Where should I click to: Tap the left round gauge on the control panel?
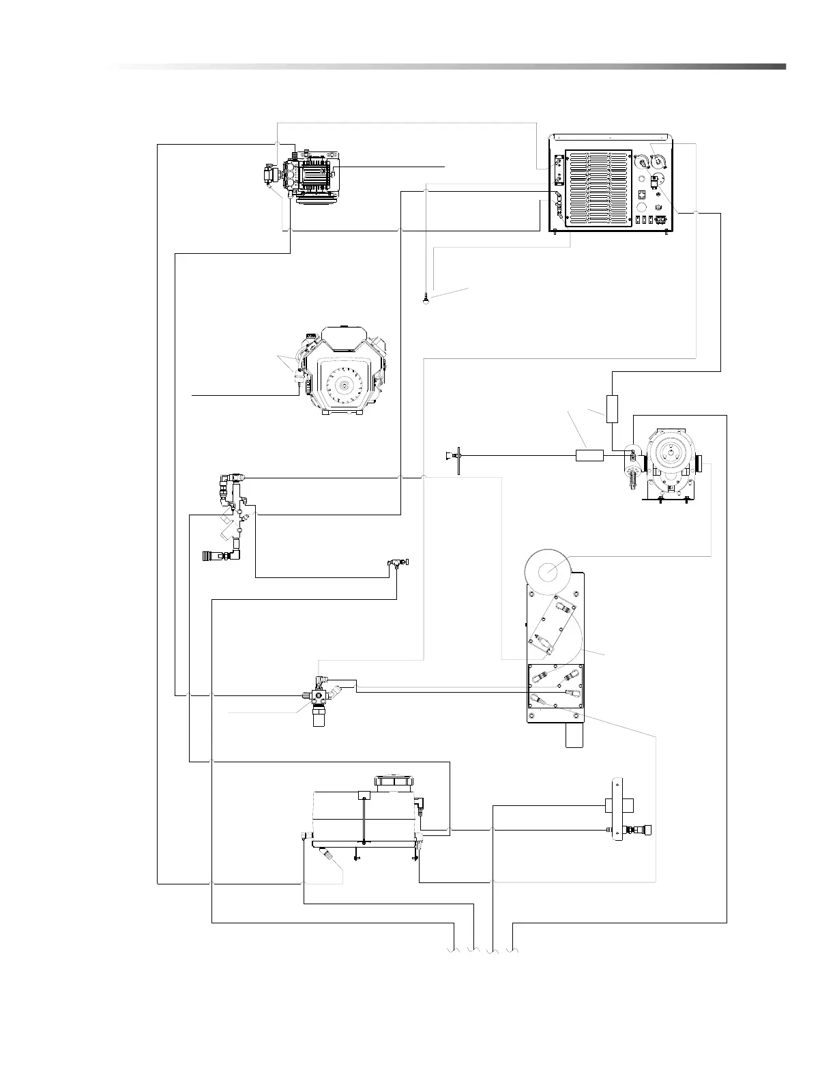[641, 162]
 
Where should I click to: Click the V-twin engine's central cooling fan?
[340, 386]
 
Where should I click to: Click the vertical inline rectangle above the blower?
[612, 408]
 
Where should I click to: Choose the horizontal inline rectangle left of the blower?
[589, 455]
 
